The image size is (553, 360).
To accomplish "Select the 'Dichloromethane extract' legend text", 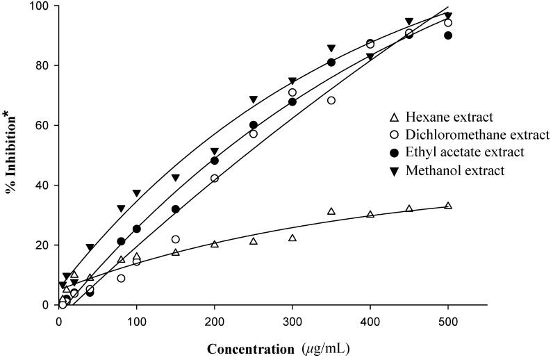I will pyautogui.click(x=470, y=135).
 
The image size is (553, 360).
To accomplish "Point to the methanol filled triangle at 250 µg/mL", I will pyautogui.click(x=254, y=99).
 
